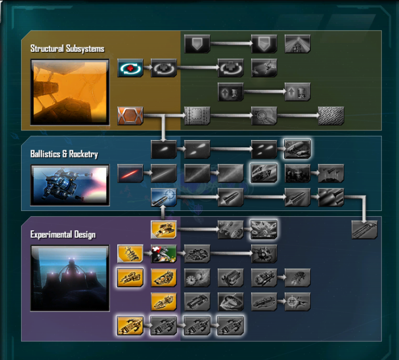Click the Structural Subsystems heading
click(67, 48)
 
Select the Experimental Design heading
click(63, 235)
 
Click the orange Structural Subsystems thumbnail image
click(70, 92)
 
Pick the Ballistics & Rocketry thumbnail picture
click(70, 185)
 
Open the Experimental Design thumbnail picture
click(70, 278)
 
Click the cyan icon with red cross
click(130, 68)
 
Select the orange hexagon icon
click(130, 116)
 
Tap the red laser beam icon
click(130, 173)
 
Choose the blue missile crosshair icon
click(164, 197)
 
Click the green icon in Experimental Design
click(164, 254)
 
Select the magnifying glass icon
click(264, 116)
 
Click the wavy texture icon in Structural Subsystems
click(331, 116)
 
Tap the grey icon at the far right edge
click(364, 229)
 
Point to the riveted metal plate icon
click(197, 116)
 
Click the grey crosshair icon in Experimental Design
click(298, 301)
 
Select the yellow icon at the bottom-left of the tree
click(130, 326)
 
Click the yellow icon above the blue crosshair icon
click(164, 229)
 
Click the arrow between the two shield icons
click(231, 44)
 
